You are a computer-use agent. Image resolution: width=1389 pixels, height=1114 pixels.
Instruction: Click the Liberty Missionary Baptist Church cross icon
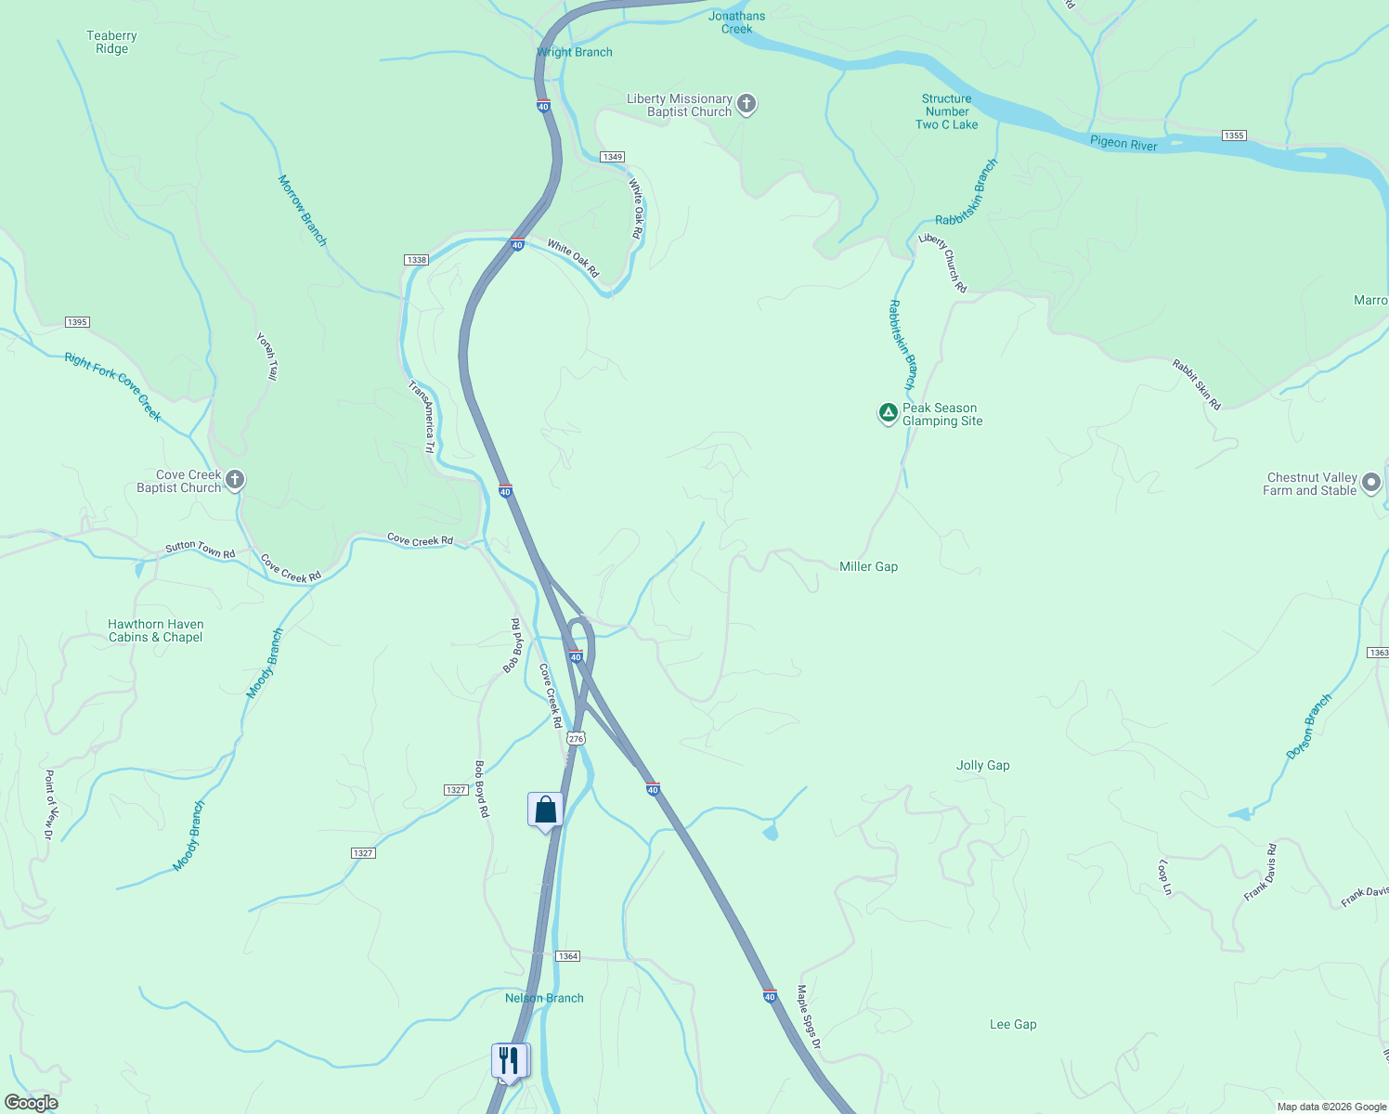[746, 104]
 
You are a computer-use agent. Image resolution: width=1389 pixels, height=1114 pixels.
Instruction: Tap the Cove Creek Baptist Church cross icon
[235, 480]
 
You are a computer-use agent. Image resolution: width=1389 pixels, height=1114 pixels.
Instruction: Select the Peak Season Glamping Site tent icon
[888, 413]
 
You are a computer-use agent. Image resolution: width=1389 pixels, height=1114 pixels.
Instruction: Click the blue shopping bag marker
[545, 810]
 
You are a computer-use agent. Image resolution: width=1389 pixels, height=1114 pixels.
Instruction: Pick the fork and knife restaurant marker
[509, 1059]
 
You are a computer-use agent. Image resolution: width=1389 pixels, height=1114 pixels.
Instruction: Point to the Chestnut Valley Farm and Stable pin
[1372, 484]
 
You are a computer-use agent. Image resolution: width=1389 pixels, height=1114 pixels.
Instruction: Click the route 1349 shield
[612, 157]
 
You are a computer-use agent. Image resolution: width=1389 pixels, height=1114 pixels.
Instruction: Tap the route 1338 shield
[416, 260]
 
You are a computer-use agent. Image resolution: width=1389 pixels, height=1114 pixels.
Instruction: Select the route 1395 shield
[77, 322]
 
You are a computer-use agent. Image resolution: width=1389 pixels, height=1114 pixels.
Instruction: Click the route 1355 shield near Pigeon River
[1233, 136]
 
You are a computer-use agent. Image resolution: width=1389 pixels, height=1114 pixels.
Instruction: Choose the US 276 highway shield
[576, 739]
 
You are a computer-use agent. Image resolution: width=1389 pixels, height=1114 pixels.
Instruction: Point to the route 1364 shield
[567, 956]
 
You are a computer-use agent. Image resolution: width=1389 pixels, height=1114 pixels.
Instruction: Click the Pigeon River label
[1123, 143]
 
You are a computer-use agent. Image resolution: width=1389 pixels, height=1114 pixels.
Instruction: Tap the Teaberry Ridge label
[111, 43]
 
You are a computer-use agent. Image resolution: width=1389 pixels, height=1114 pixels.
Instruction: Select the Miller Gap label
[868, 566]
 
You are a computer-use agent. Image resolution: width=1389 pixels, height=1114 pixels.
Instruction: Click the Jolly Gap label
[982, 766]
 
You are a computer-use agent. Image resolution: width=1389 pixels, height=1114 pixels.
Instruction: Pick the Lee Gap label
[1012, 1025]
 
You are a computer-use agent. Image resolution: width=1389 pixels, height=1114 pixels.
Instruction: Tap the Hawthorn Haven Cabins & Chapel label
[155, 631]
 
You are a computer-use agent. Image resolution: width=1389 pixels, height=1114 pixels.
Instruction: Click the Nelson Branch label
[544, 998]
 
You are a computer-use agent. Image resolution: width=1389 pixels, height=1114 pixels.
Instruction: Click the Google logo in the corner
[32, 1103]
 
